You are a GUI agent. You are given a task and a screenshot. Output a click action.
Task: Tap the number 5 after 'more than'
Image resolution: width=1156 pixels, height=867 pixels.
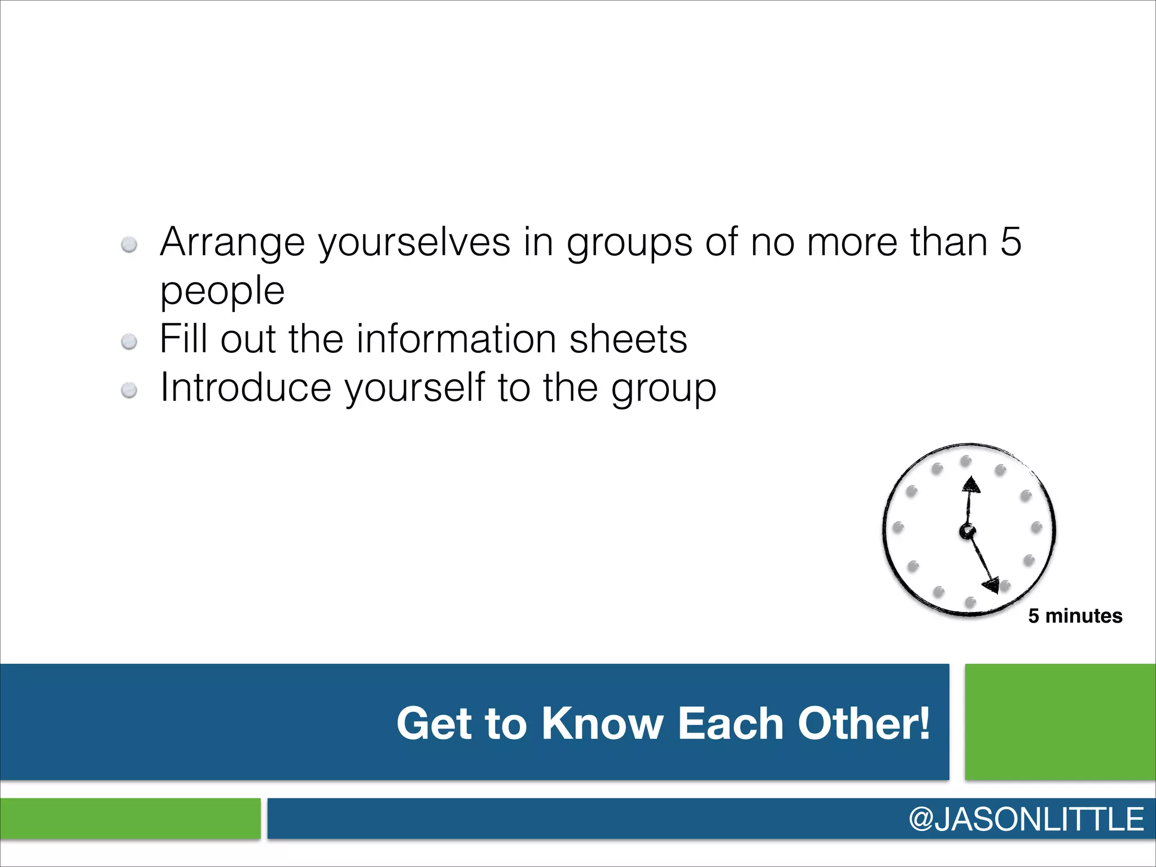[x=1010, y=242]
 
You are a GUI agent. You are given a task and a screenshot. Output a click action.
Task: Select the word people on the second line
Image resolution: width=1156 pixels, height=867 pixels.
[x=222, y=291]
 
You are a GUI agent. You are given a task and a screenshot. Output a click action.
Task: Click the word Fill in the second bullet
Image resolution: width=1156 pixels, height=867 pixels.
[x=183, y=339]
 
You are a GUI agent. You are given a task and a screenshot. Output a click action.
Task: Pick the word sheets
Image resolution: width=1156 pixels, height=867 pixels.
[x=628, y=339]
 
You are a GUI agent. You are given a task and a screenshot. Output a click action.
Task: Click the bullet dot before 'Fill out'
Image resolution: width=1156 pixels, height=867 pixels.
[x=129, y=341]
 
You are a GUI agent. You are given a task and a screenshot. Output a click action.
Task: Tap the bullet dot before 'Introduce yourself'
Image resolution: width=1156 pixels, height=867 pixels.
[x=129, y=390]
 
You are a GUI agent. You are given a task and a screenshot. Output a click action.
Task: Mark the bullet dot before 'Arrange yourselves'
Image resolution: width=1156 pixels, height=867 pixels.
[x=129, y=244]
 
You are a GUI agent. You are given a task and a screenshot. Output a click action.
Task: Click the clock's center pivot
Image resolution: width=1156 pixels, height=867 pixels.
[x=967, y=531]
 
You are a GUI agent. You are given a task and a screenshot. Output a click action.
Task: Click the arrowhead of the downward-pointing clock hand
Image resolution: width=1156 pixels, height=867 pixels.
[x=992, y=585]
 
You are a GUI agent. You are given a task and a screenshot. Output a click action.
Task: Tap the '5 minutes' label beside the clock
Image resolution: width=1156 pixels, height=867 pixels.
[x=1075, y=616]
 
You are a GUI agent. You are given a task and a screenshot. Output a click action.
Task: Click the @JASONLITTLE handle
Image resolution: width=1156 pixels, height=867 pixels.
[x=1026, y=819]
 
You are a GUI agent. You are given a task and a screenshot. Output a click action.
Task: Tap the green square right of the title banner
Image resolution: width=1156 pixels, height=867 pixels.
[x=1060, y=722]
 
